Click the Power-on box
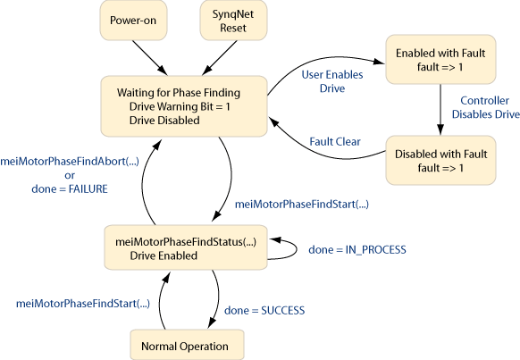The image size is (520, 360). pyautogui.click(x=133, y=21)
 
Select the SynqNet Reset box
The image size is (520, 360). pyautogui.click(x=233, y=21)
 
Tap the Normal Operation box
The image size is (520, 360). pyautogui.click(x=187, y=345)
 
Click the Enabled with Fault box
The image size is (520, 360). pyautogui.click(x=440, y=59)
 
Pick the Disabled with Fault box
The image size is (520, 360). pyautogui.click(x=440, y=160)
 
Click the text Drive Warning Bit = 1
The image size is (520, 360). pyautogui.click(x=180, y=106)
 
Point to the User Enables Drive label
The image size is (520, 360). pyautogui.click(x=332, y=81)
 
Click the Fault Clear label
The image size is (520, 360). pyautogui.click(x=335, y=142)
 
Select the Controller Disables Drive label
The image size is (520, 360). pyautogui.click(x=485, y=107)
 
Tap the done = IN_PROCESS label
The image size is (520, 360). pyautogui.click(x=357, y=249)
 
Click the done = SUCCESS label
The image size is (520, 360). pyautogui.click(x=264, y=311)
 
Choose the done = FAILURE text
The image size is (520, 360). pyautogui.click(x=70, y=189)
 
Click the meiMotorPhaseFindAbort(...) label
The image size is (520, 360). pyautogui.click(x=70, y=162)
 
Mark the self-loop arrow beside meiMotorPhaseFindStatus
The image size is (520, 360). pyautogui.click(x=297, y=249)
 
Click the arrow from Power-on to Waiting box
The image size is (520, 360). pyautogui.click(x=150, y=58)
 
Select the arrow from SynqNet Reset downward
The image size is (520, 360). pyautogui.click(x=219, y=58)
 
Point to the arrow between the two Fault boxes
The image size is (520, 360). pyautogui.click(x=440, y=109)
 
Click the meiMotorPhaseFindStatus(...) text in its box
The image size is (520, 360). pyautogui.click(x=186, y=242)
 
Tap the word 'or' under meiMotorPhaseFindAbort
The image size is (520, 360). pyautogui.click(x=70, y=175)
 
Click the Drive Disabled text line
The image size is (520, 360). pyautogui.click(x=164, y=121)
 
